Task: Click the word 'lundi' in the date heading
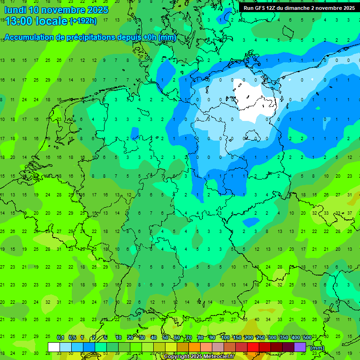click(x=15, y=10)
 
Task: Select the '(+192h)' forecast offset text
click(x=83, y=21)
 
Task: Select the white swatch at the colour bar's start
click(x=54, y=347)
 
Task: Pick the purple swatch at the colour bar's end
click(x=300, y=347)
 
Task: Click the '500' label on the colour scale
click(x=307, y=338)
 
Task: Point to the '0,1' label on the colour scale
click(x=60, y=338)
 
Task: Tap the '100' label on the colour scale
click(x=225, y=338)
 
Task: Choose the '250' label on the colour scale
click(x=260, y=338)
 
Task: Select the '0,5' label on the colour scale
click(x=72, y=338)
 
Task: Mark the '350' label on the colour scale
click(x=284, y=338)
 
